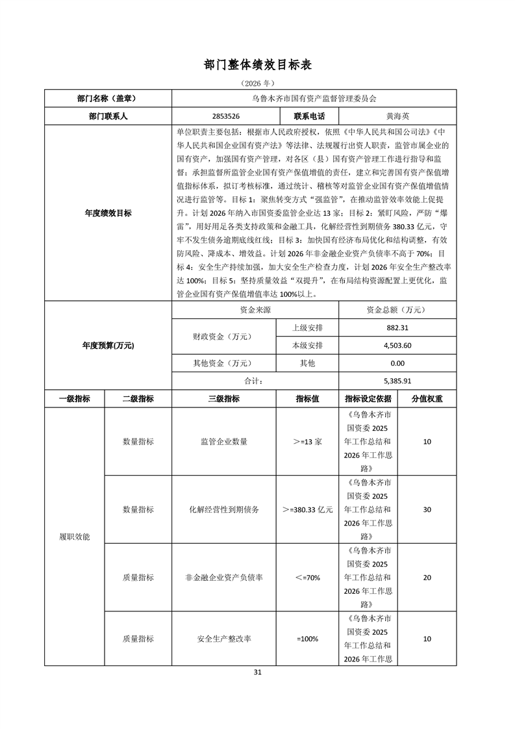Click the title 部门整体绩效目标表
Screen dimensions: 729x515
tap(258, 65)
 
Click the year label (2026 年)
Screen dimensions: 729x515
tap(258, 84)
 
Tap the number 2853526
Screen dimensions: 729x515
tap(225, 116)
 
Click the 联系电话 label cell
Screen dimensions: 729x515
tap(309, 116)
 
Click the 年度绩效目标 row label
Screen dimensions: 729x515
tap(108, 213)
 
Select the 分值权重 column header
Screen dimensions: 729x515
tap(427, 399)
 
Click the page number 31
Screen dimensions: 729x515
tap(258, 672)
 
